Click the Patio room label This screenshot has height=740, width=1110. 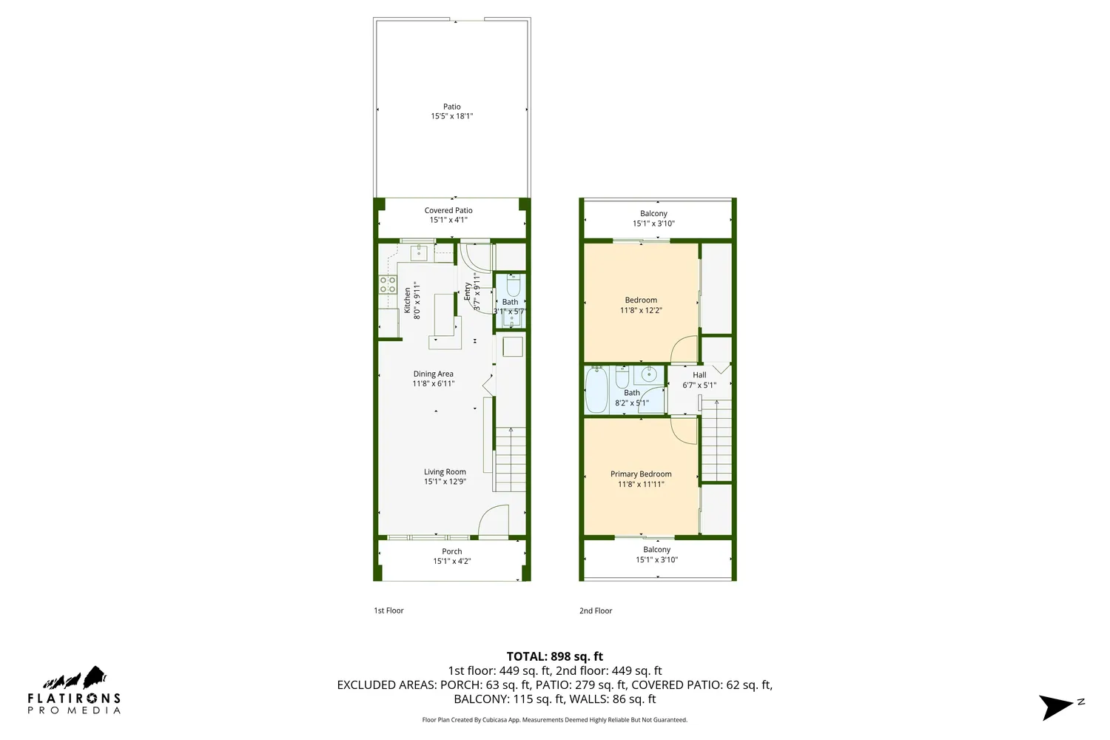click(x=451, y=107)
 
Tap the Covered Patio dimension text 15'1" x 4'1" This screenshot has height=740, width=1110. click(x=448, y=220)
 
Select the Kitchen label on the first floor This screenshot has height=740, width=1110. click(x=407, y=300)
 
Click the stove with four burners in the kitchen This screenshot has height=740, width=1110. click(x=388, y=285)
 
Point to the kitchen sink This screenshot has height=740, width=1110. click(x=419, y=253)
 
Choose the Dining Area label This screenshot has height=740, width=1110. click(x=433, y=374)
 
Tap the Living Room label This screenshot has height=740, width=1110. click(x=445, y=472)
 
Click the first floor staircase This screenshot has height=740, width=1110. click(x=510, y=459)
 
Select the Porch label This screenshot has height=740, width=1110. click(x=451, y=551)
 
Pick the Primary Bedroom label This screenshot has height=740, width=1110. click(x=641, y=474)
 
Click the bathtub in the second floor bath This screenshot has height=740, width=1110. click(x=596, y=390)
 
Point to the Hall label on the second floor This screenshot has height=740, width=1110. click(x=699, y=375)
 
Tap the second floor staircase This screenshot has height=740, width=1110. click(x=716, y=441)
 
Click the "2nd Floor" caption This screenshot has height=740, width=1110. click(x=596, y=610)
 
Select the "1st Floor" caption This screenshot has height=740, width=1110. click(x=388, y=610)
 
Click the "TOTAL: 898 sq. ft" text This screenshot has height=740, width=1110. click(x=554, y=656)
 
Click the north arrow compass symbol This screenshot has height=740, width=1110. click(x=1057, y=706)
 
